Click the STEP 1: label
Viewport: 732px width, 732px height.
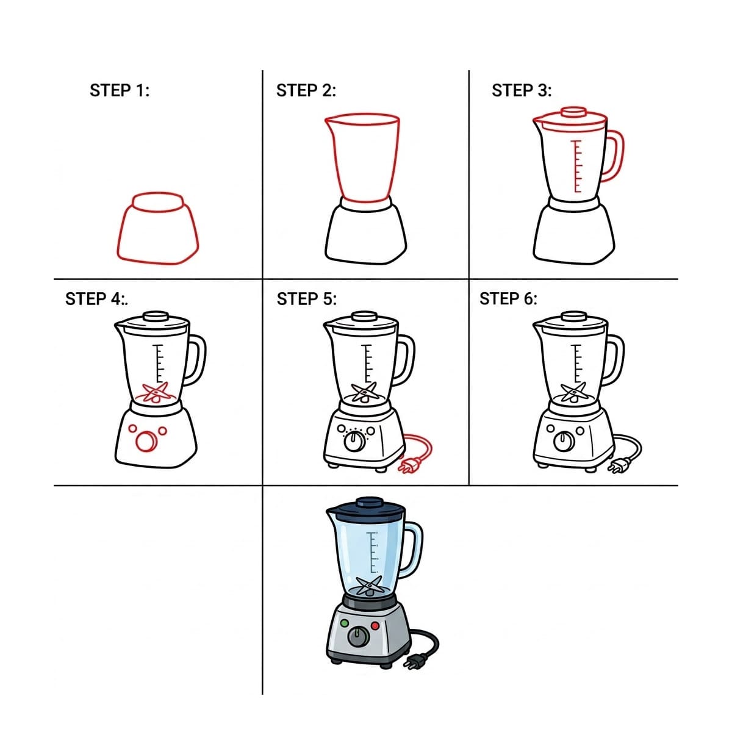120,90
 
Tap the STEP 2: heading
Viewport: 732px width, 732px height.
306,90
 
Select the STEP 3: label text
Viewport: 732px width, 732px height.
522,90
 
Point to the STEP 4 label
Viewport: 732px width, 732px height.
96,298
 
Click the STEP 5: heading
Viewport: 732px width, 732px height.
307,298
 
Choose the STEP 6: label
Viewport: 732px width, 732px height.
508,298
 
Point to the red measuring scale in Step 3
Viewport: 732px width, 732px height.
577,167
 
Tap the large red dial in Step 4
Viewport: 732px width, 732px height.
146,442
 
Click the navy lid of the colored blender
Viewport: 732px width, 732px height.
365,509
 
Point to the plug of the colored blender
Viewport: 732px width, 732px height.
415,662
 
